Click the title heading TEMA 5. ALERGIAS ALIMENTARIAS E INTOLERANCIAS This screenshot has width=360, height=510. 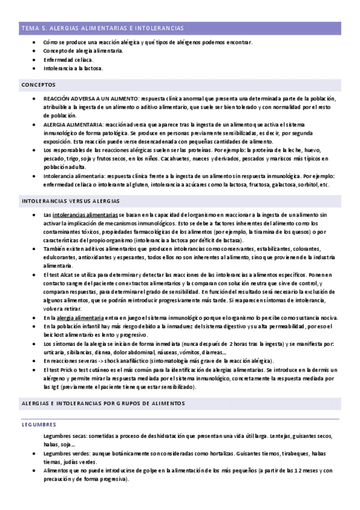click(x=102, y=28)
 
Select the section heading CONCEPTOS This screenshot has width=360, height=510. click(x=38, y=85)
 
